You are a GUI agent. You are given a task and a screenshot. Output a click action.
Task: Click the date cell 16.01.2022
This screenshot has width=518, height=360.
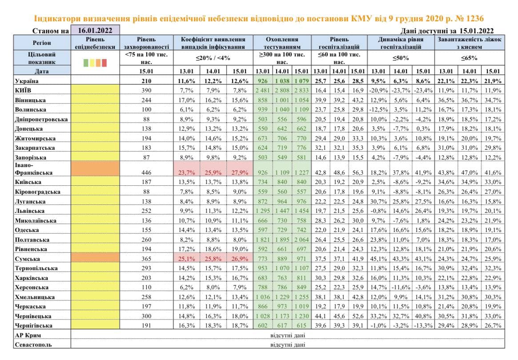pyautogui.click(x=95, y=31)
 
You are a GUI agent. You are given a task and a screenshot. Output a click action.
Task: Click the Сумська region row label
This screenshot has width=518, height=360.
pyautogui.click(x=27, y=258)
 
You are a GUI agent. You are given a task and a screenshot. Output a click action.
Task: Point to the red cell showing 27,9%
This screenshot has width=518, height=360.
pyautogui.click(x=240, y=172)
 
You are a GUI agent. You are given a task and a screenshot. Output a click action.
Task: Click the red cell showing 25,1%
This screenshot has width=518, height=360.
pyautogui.click(x=187, y=258)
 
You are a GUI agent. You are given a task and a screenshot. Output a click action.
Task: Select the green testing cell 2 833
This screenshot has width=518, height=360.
pyautogui.click(x=301, y=90)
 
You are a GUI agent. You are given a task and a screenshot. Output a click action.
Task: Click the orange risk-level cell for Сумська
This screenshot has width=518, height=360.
pyautogui.click(x=95, y=258)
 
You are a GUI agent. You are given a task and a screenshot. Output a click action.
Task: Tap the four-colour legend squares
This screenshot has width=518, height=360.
pyautogui.click(x=95, y=63)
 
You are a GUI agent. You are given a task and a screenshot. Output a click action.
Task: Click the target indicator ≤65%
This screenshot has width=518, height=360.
pyautogui.click(x=470, y=58)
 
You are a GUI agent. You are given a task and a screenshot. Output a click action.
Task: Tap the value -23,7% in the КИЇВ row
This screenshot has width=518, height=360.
pyautogui.click(x=401, y=90)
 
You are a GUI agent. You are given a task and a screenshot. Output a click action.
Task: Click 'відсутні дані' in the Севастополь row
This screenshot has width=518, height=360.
pyautogui.click(x=288, y=344)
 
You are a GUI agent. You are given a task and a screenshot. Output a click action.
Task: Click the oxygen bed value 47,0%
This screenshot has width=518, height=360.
pyautogui.click(x=470, y=172)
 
